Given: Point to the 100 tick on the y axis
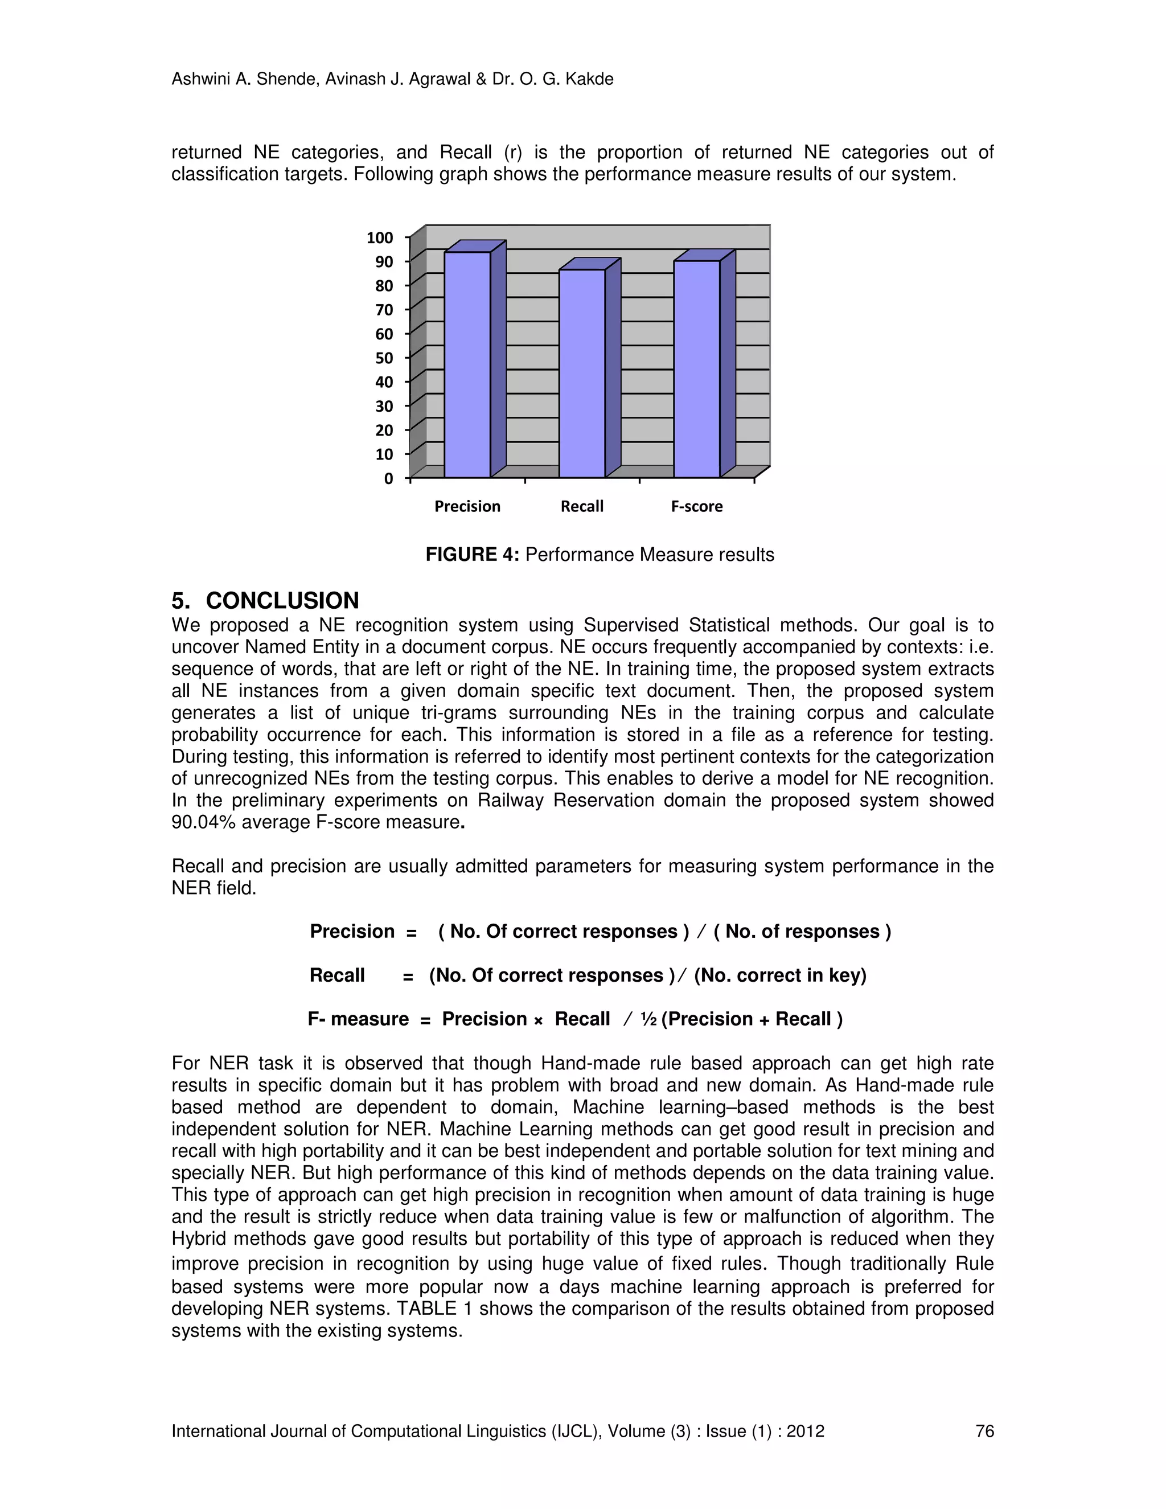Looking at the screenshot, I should tap(380, 237).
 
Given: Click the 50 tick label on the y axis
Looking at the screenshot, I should tap(384, 358).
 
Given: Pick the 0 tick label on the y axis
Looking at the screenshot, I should tap(388, 478).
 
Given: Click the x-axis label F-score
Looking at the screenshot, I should tap(697, 506).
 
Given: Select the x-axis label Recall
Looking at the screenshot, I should tap(582, 506).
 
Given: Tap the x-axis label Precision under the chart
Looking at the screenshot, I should tap(467, 506).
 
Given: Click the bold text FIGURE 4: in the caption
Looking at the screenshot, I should tap(472, 555).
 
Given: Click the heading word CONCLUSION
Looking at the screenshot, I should tap(282, 600).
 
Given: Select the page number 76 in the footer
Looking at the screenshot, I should tap(984, 1431).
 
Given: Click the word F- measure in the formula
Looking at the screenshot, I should tap(358, 1019).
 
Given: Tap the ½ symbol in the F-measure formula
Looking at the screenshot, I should tap(648, 1019).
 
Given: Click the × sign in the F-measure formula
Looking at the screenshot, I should tap(538, 1020).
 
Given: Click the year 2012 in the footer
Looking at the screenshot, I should tap(806, 1431).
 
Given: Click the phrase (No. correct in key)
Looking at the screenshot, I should tap(780, 975).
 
